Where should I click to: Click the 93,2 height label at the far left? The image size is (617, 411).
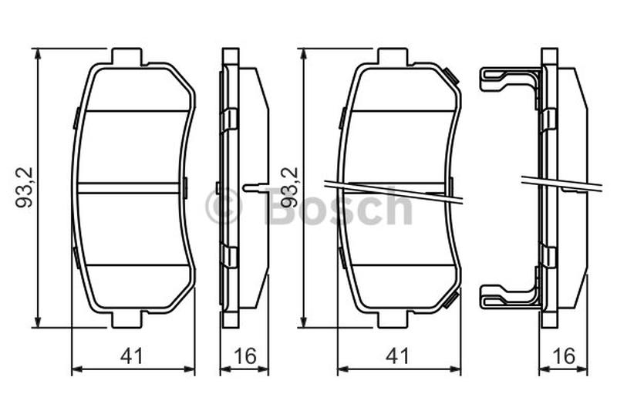pos(25,187)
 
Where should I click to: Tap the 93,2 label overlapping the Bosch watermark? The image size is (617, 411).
pos(291,187)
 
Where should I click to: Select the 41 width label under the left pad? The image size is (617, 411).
pos(132,356)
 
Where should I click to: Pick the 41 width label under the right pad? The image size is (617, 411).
pos(398,356)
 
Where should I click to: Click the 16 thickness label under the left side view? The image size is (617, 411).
pos(244,356)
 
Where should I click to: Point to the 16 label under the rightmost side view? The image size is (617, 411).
pos(564,356)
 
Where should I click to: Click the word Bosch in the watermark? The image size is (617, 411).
pos(338,207)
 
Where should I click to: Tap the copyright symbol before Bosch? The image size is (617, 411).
pos(223,207)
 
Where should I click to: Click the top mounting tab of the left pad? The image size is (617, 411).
pos(126,56)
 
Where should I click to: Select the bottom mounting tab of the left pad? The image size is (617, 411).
pos(126,319)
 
